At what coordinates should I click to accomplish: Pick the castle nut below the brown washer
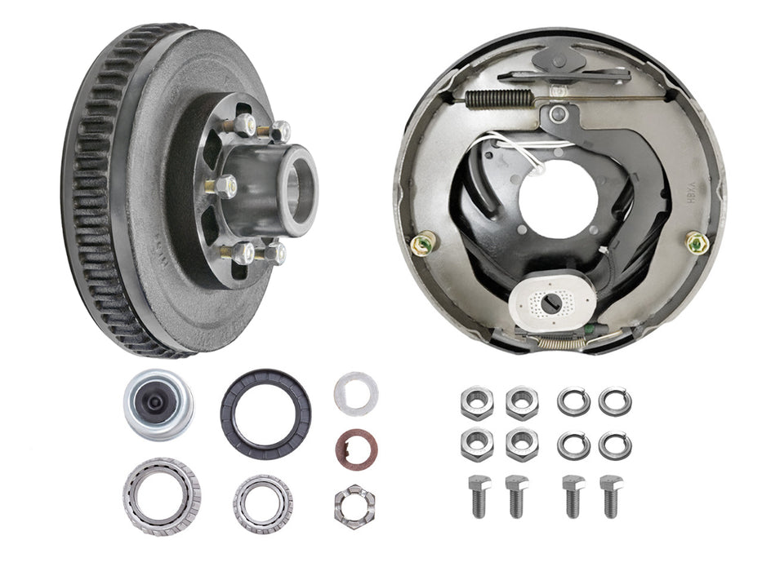click(354, 505)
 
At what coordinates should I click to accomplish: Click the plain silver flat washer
click(356, 393)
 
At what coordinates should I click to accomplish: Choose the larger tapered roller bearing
click(162, 495)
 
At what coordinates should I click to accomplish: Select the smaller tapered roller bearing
click(263, 502)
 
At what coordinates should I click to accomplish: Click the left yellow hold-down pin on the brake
click(426, 242)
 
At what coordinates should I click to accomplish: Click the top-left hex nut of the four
click(475, 401)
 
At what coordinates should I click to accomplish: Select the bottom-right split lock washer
click(614, 445)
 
